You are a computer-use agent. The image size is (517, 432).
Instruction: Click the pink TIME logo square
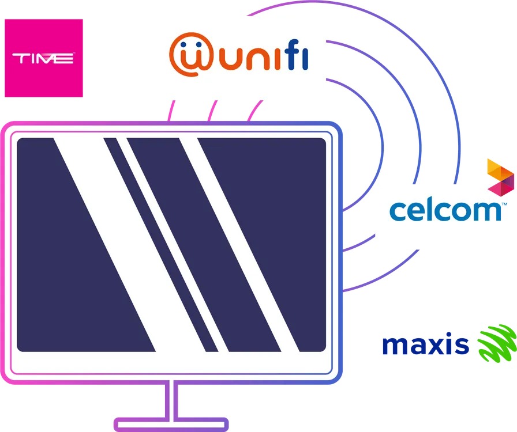tap(43, 58)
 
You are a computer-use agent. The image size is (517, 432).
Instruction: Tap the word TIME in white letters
tap(43, 58)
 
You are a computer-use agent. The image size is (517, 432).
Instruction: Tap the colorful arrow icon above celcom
tap(500, 176)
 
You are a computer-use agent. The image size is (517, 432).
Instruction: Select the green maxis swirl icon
tap(495, 344)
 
